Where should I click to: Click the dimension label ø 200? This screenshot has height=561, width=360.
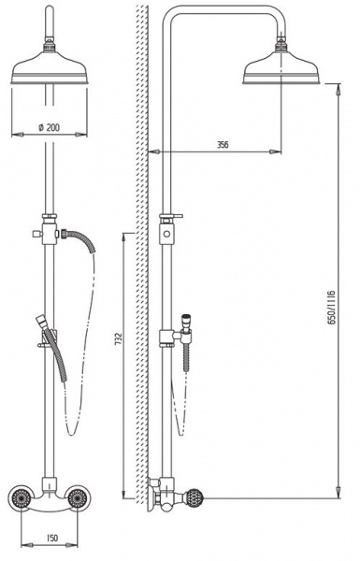click(x=49, y=127)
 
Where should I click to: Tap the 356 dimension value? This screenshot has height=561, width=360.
click(x=223, y=145)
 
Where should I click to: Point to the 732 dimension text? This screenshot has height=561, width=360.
click(x=118, y=338)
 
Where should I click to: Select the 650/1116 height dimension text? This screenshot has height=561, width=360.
click(x=332, y=307)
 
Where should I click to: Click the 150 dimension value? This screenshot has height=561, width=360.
click(x=52, y=538)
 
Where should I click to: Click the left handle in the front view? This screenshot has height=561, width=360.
click(x=21, y=497)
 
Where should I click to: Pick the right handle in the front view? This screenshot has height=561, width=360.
click(x=78, y=497)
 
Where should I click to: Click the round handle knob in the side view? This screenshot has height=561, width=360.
click(x=194, y=497)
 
